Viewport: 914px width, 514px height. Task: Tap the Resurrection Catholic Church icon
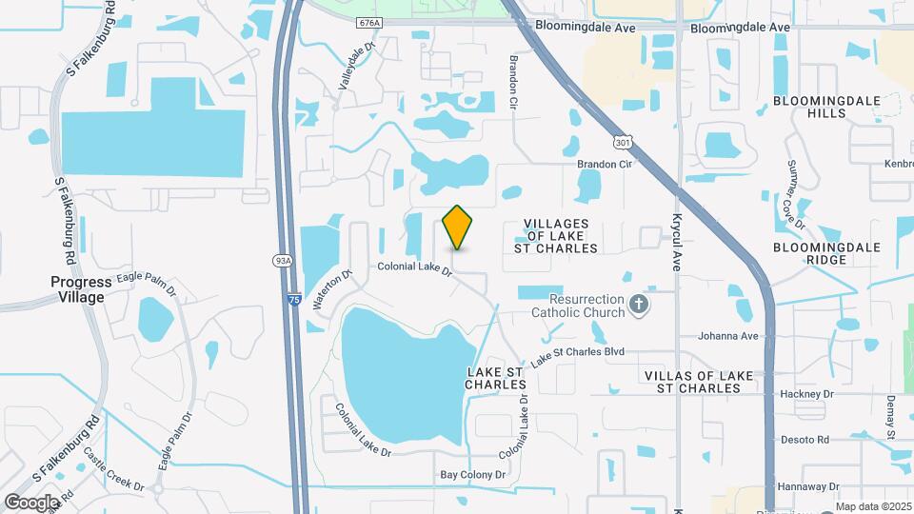[639, 305]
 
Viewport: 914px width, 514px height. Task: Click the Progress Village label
[90, 289]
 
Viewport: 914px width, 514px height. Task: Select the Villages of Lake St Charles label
[562, 236]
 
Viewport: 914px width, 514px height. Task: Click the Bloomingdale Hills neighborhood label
[808, 107]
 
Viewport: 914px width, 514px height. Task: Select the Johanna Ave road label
[727, 335]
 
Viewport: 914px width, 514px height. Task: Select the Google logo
[31, 502]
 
